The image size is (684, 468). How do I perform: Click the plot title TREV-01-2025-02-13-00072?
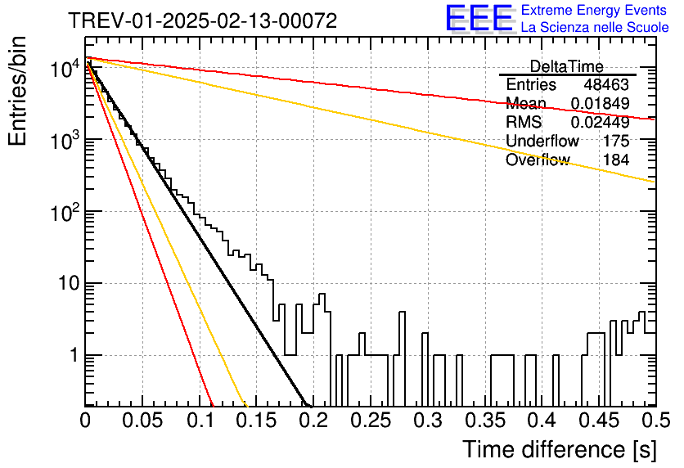[203, 20]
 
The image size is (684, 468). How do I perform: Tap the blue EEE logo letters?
[479, 17]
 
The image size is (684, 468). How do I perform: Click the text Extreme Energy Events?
[594, 10]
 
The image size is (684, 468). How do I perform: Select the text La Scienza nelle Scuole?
[595, 27]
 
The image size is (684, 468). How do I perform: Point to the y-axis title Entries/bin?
[17, 91]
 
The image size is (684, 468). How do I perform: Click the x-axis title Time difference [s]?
[560, 450]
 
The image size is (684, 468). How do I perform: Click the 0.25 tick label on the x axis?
[371, 421]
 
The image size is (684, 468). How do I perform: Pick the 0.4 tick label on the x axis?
[542, 421]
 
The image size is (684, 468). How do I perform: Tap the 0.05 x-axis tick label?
[142, 421]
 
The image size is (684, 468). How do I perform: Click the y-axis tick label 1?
[74, 355]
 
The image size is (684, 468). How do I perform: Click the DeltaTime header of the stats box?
[567, 67]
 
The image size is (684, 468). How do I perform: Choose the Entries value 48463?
[606, 84]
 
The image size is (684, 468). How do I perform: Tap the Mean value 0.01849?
[601, 103]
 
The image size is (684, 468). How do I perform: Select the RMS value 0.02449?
[601, 123]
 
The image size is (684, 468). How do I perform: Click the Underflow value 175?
[616, 141]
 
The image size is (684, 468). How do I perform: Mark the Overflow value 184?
[616, 160]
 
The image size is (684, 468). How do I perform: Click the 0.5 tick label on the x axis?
[655, 421]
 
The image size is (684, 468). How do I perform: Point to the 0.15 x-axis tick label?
[257, 421]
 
